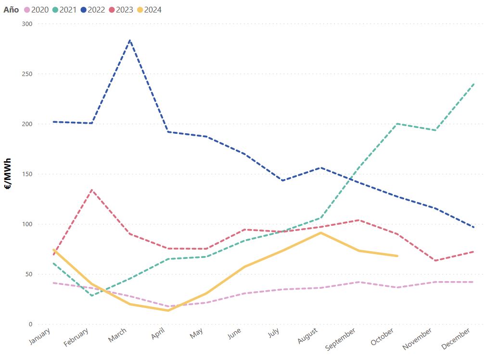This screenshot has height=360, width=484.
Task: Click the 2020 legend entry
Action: pyautogui.click(x=36, y=10)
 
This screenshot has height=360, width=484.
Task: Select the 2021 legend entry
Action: pyautogui.click(x=64, y=10)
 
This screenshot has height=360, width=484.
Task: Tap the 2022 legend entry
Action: pyautogui.click(x=93, y=10)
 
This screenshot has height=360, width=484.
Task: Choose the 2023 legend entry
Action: pyautogui.click(x=121, y=10)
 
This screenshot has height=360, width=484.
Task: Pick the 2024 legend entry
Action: pyautogui.click(x=150, y=10)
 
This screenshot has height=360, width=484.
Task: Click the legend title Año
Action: pyautogui.click(x=11, y=10)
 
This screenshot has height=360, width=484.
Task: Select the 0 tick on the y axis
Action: pyautogui.click(x=30, y=324)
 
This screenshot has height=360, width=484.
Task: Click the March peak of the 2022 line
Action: pyautogui.click(x=130, y=40)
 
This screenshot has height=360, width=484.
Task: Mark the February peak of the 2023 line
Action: pyautogui.click(x=91, y=190)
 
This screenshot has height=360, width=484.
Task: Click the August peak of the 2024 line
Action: pyautogui.click(x=321, y=233)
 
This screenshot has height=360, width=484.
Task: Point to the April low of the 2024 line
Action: pyautogui.click(x=168, y=310)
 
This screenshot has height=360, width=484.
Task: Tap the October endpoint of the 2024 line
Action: pyautogui.click(x=397, y=256)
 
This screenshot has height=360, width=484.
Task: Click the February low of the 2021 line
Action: pyautogui.click(x=91, y=296)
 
